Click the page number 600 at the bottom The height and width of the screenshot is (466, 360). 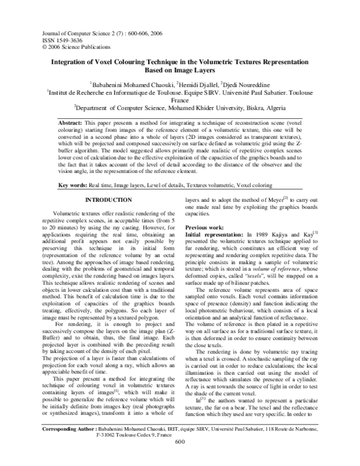[179, 459]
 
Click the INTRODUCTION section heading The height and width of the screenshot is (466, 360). [110, 183]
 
